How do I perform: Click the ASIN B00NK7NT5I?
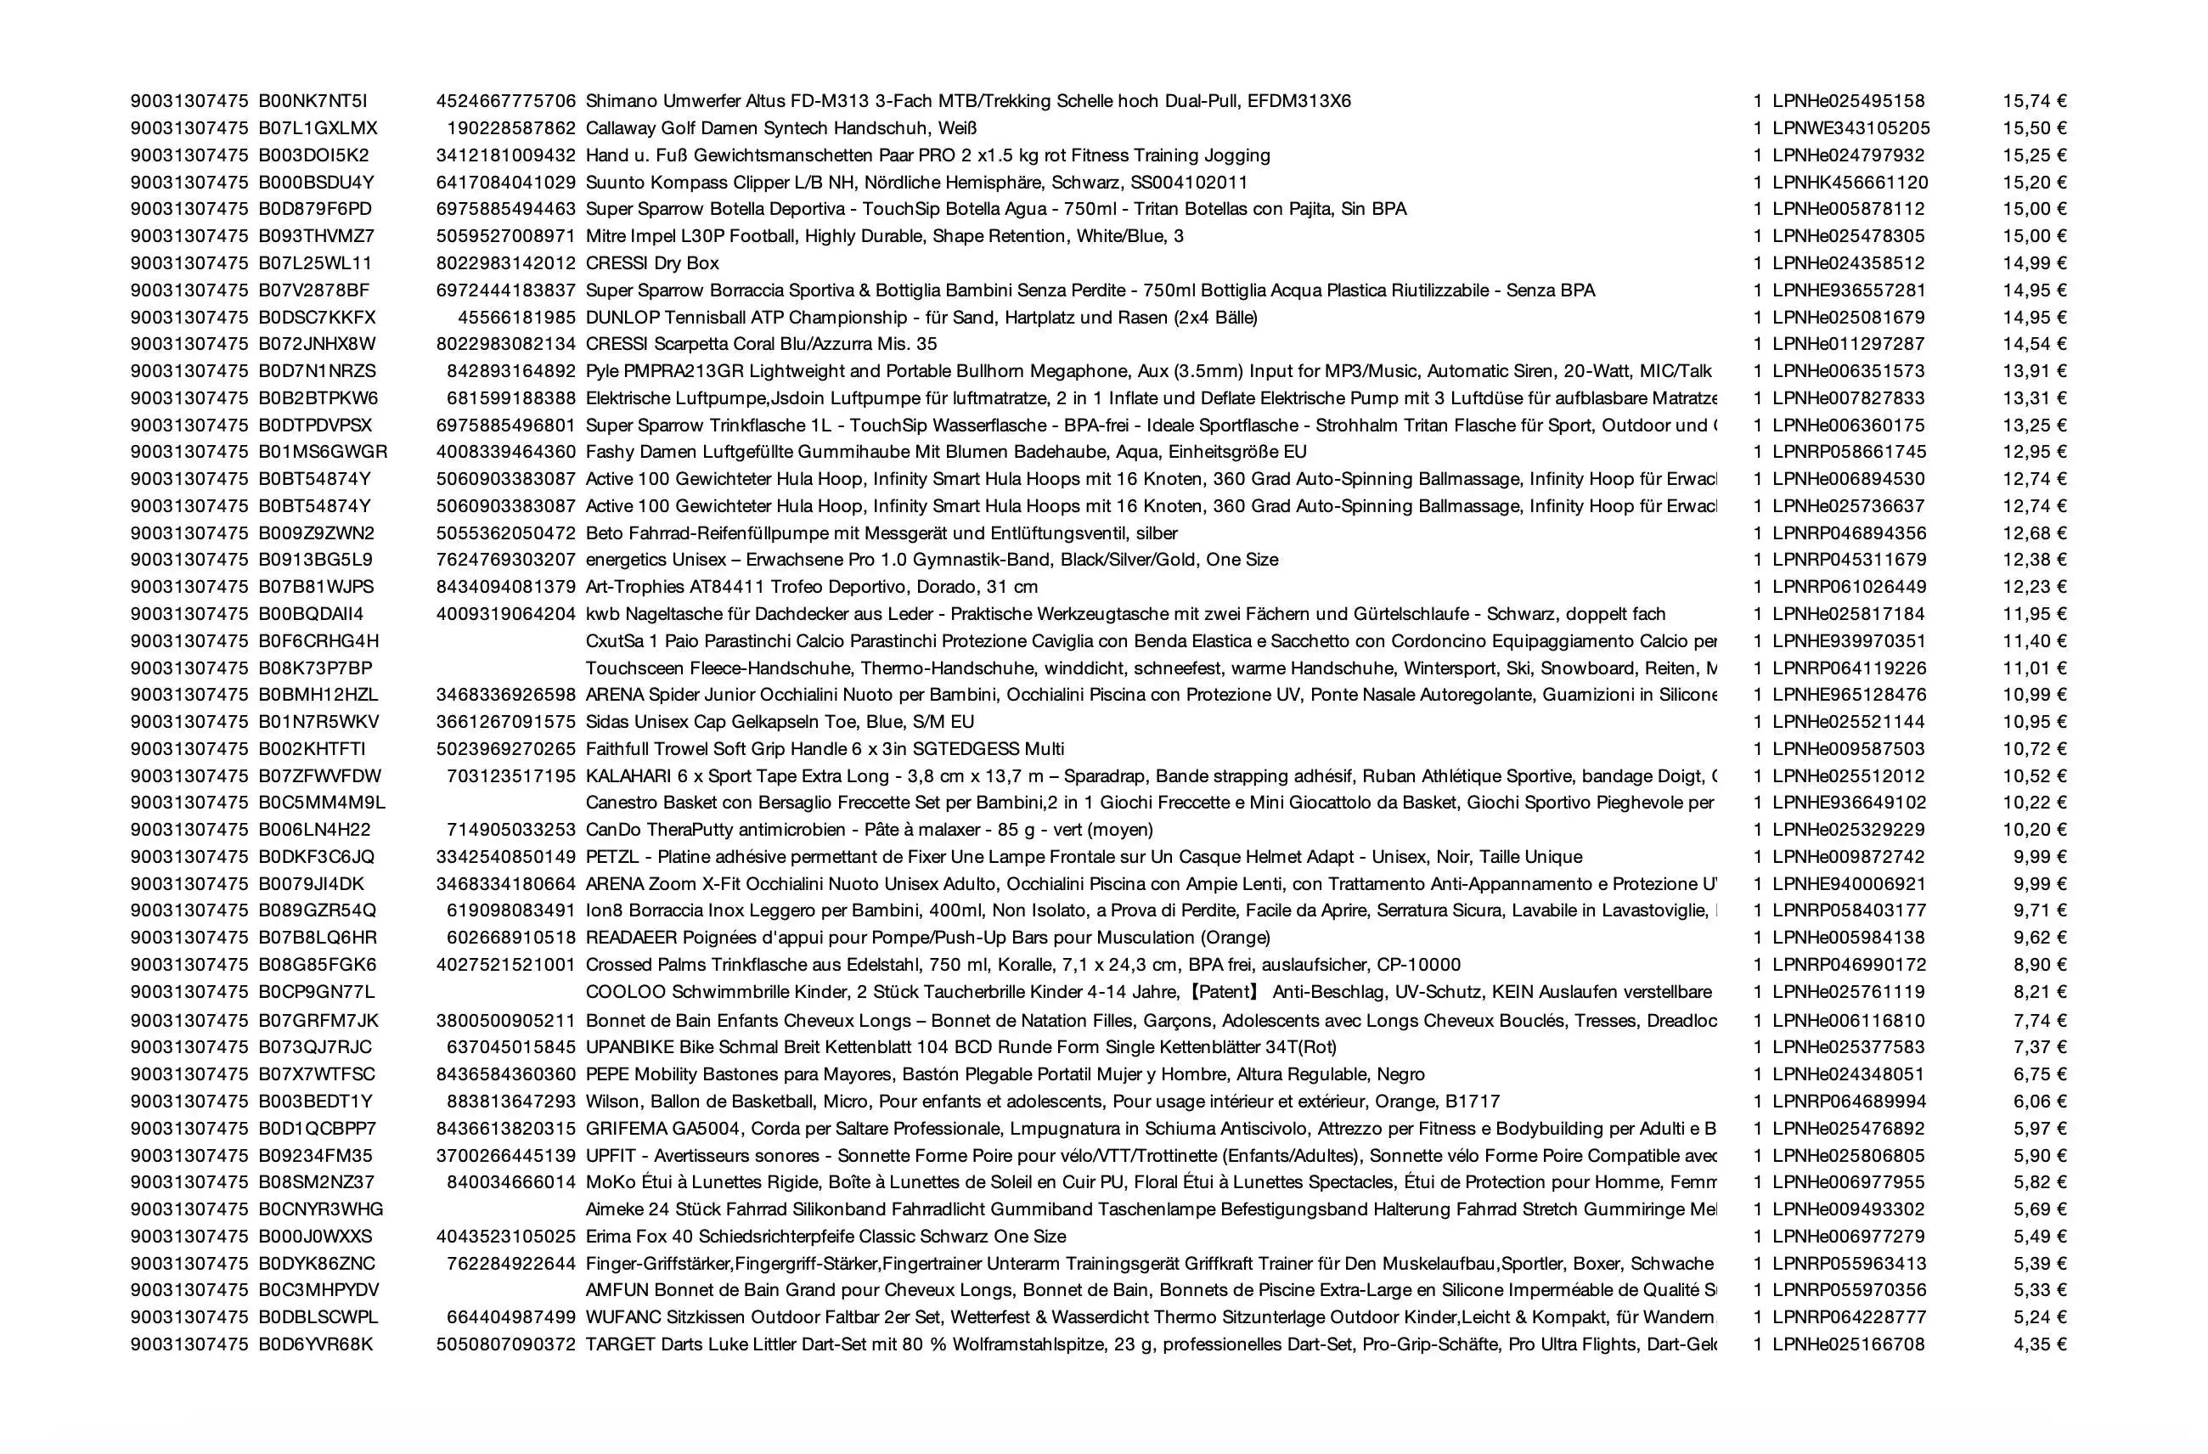313,101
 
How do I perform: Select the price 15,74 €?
2034,101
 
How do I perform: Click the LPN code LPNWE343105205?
1850,128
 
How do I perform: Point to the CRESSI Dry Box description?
651,263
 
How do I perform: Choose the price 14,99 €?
2034,263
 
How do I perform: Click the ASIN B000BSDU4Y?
315,182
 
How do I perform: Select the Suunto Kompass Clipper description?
915,182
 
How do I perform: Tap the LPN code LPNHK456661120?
1849,182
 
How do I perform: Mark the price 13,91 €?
2034,371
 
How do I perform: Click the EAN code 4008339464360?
505,452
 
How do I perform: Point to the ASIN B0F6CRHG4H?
318,641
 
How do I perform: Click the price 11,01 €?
2034,668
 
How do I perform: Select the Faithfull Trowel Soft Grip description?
824,749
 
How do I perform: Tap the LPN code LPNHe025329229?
1848,830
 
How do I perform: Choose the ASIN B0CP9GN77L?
317,992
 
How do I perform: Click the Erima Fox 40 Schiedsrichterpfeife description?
825,1236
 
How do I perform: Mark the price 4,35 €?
2039,1344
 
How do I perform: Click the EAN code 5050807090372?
505,1344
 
